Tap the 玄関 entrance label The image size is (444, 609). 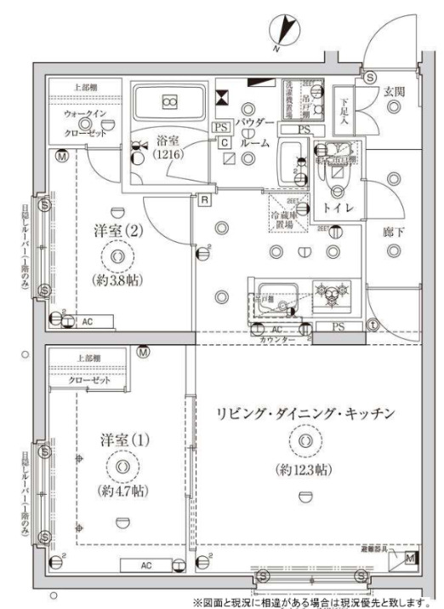pyautogui.click(x=392, y=91)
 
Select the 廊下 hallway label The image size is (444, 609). pyautogui.click(x=392, y=230)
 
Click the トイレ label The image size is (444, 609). pyautogui.click(x=336, y=207)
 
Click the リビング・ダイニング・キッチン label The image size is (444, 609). pyautogui.click(x=305, y=414)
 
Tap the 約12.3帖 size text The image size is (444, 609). pyautogui.click(x=305, y=469)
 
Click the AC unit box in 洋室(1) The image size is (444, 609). pyautogui.click(x=146, y=564)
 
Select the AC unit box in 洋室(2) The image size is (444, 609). pyautogui.click(x=88, y=321)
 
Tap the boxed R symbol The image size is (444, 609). pyautogui.click(x=205, y=201)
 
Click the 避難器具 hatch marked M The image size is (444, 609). pyautogui.click(x=410, y=559)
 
